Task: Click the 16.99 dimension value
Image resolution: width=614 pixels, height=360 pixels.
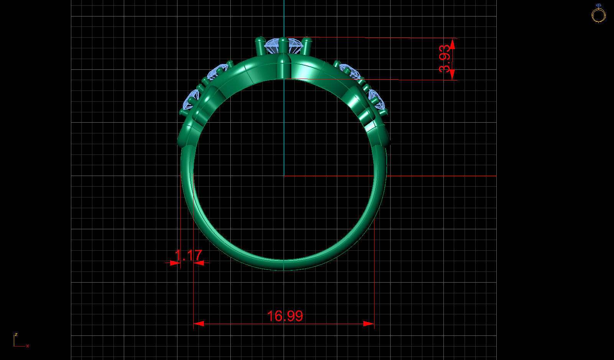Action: (x=285, y=316)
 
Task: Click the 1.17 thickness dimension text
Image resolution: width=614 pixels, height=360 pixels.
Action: (x=188, y=255)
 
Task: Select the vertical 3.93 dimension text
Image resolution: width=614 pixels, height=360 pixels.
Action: (x=445, y=59)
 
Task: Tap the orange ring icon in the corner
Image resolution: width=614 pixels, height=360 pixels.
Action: (x=598, y=14)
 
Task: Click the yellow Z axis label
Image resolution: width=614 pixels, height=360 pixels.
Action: (x=16, y=334)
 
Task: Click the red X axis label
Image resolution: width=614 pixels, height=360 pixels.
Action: (x=28, y=346)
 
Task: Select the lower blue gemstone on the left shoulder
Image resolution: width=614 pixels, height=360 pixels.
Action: (x=190, y=100)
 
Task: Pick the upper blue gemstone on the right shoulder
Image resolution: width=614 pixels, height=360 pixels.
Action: (x=350, y=71)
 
